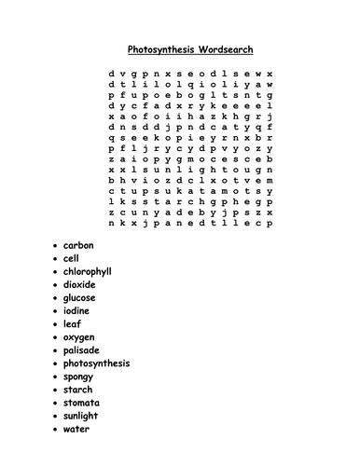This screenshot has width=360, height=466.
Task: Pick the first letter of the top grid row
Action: tap(111, 72)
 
